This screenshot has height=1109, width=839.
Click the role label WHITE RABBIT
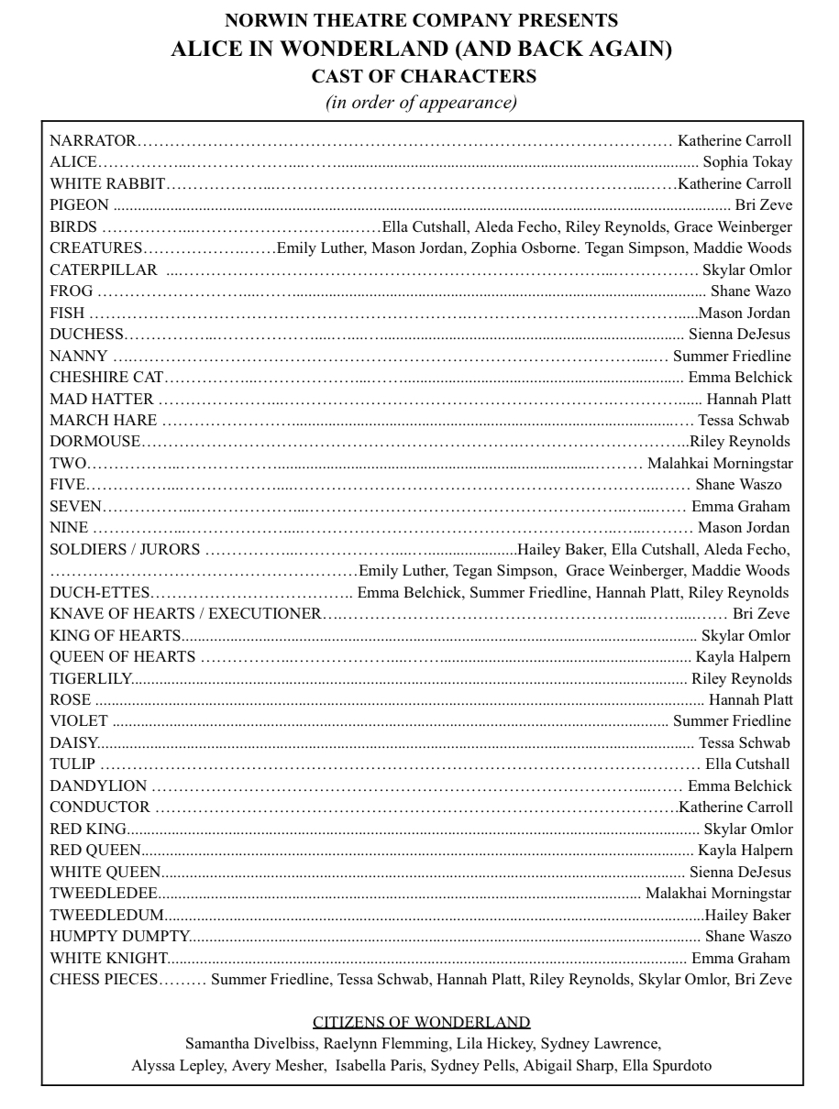pyautogui.click(x=107, y=183)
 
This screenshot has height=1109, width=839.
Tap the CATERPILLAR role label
pyautogui.click(x=104, y=269)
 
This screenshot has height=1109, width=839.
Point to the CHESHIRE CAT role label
pyautogui.click(x=106, y=377)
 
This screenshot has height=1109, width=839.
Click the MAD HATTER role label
pyautogui.click(x=102, y=399)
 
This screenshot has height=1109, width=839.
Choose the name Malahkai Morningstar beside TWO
pyautogui.click(x=720, y=463)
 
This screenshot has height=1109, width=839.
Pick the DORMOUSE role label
pyautogui.click(x=95, y=442)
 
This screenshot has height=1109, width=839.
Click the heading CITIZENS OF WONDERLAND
pyautogui.click(x=422, y=1022)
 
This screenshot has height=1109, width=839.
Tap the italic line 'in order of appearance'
pyautogui.click(x=422, y=102)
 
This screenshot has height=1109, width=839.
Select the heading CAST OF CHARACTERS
pyautogui.click(x=422, y=76)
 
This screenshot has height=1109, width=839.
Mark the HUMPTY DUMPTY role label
pyautogui.click(x=119, y=937)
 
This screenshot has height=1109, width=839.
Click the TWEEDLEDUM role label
pyautogui.click(x=107, y=915)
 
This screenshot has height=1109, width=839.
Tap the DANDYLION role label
pyautogui.click(x=98, y=785)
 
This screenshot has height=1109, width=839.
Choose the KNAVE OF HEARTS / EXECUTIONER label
pyautogui.click(x=185, y=613)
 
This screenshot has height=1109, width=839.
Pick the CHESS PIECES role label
pyautogui.click(x=104, y=980)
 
